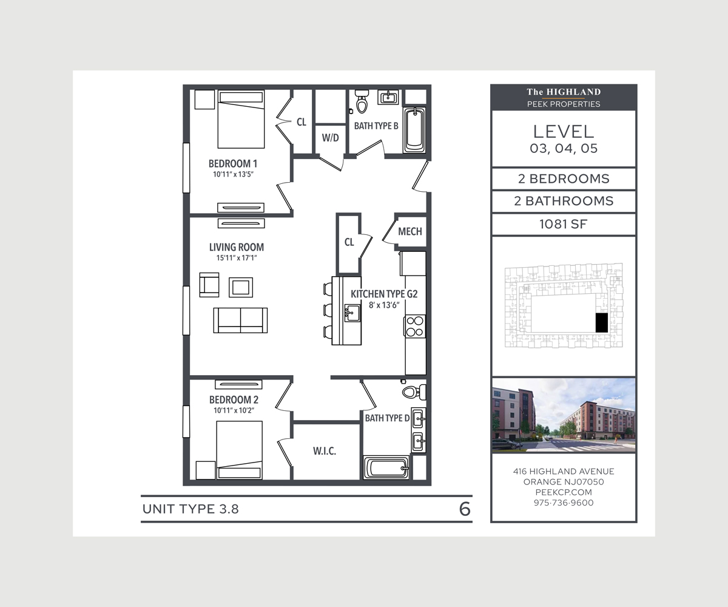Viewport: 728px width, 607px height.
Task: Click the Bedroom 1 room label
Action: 233,163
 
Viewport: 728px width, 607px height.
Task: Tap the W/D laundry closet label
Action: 330,138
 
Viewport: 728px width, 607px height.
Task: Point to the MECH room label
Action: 410,231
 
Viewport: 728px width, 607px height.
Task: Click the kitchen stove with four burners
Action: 416,326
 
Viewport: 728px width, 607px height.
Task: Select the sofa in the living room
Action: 240,320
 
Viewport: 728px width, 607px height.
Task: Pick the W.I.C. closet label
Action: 325,451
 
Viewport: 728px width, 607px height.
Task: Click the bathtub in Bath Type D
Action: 386,467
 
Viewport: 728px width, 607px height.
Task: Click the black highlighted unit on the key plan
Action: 601,322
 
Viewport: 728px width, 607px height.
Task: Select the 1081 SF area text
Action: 564,224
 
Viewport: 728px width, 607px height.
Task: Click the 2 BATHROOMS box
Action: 564,201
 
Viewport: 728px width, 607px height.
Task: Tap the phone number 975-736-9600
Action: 564,503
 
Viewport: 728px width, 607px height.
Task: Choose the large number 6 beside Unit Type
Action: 465,509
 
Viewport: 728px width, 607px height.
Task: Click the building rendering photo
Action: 564,415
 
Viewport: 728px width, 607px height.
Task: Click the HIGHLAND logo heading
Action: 564,92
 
